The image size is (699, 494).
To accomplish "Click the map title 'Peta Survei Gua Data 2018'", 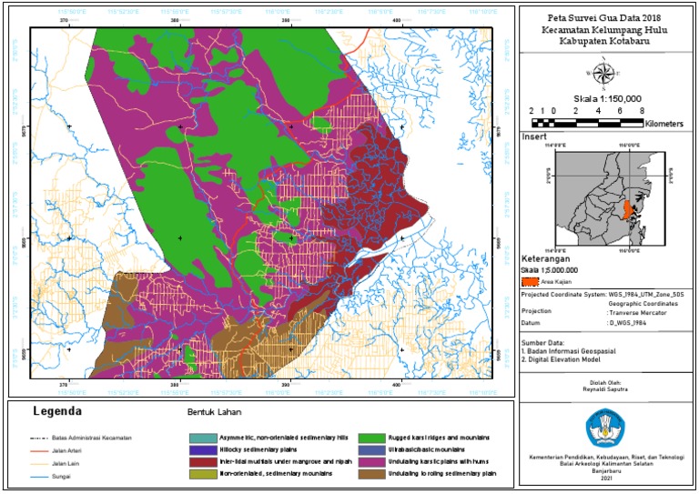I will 606,17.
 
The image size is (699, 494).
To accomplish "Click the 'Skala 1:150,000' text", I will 607,98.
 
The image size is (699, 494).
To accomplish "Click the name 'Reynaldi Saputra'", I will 605,388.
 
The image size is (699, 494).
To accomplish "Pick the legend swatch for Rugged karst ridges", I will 371,437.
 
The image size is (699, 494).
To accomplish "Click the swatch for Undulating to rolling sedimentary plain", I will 371,474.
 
